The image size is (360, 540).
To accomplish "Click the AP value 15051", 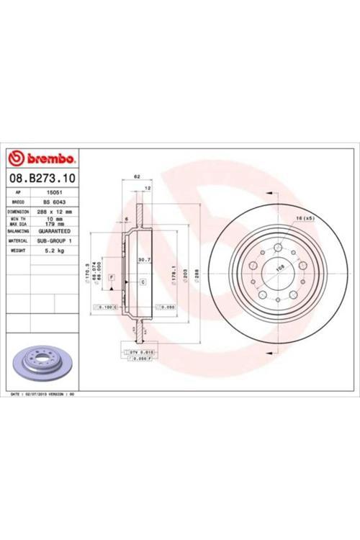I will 53,193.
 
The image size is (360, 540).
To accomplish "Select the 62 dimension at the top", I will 137,176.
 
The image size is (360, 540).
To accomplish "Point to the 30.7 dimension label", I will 143,260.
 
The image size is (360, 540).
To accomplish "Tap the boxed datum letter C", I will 143,281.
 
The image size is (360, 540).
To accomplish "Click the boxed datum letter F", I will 112,277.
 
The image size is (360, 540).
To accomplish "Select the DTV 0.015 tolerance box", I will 141,351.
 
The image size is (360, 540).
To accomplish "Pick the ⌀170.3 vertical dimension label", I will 86,272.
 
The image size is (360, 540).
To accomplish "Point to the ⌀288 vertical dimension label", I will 194,274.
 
